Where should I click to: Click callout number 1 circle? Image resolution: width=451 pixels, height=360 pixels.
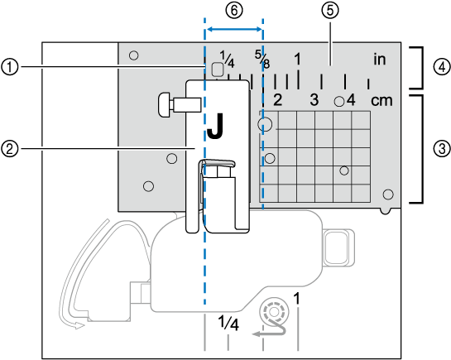[9, 67]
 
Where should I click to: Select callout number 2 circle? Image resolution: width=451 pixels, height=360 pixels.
[9, 149]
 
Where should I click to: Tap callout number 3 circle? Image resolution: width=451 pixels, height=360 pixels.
[442, 149]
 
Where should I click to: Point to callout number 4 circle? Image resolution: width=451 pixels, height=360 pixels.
[442, 67]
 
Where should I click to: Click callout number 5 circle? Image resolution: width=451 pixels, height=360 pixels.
[330, 10]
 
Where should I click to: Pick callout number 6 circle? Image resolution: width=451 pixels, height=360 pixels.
[234, 10]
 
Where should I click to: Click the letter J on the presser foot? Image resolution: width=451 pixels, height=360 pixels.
[215, 126]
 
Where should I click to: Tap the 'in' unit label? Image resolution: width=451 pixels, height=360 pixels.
[380, 60]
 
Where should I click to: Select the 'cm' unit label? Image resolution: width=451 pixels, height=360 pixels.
[381, 101]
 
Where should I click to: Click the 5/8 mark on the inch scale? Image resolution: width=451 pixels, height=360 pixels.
[262, 60]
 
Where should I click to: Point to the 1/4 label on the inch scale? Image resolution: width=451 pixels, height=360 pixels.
[228, 60]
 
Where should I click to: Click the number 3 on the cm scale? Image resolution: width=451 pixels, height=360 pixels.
[314, 100]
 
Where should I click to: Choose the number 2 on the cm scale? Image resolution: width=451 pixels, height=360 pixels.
[277, 100]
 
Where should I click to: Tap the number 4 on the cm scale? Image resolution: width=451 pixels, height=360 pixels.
[351, 100]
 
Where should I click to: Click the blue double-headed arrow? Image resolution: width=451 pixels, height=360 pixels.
[234, 29]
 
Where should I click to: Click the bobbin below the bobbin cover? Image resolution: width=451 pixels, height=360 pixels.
[274, 312]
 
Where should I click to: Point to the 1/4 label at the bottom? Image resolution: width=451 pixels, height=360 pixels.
[228, 323]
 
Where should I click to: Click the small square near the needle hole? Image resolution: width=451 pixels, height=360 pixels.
[218, 69]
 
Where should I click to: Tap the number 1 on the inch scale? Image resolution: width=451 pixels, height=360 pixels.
[298, 59]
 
